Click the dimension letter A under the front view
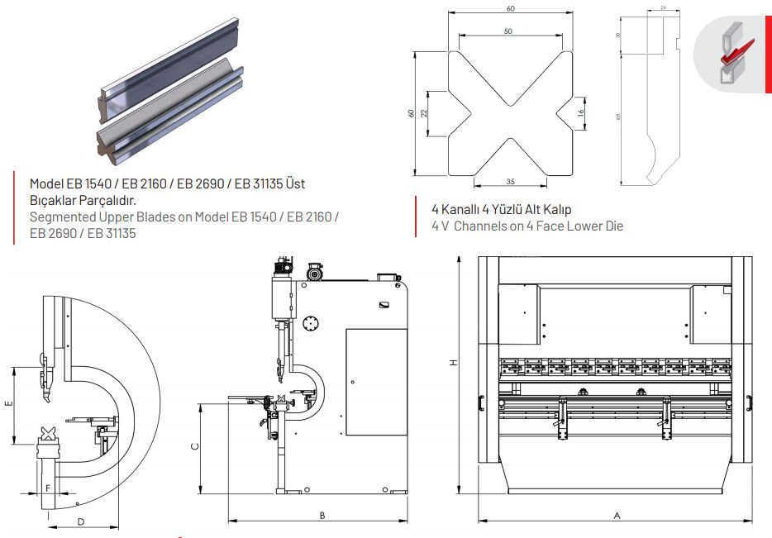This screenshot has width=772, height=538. (x=617, y=514)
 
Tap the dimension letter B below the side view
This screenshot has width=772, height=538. (x=322, y=515)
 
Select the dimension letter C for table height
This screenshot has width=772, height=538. (x=194, y=446)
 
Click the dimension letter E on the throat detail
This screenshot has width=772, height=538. (x=7, y=405)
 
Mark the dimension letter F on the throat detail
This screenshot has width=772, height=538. (x=48, y=488)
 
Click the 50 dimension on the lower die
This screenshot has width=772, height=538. (x=508, y=31)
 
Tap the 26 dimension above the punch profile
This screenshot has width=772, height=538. (x=664, y=8)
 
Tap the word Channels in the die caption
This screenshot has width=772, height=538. (x=474, y=226)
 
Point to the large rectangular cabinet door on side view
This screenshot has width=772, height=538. (x=376, y=381)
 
